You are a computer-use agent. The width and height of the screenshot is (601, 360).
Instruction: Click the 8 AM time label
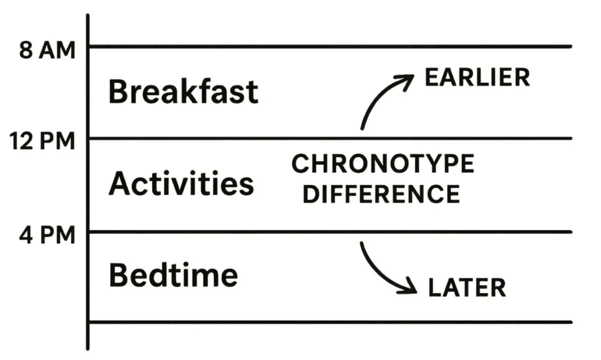pyautogui.click(x=47, y=50)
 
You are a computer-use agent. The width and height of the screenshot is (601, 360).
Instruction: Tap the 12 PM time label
pyautogui.click(x=42, y=141)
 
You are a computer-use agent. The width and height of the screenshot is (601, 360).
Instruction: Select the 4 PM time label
pyautogui.click(x=47, y=235)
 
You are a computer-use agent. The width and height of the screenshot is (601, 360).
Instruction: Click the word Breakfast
pyautogui.click(x=183, y=91)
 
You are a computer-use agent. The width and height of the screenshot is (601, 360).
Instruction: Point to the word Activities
pyautogui.click(x=181, y=183)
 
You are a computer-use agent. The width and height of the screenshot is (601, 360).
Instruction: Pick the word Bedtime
pyautogui.click(x=173, y=275)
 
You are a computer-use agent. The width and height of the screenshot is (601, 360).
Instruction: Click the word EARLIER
pyautogui.click(x=477, y=77)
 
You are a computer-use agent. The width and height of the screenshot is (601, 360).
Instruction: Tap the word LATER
pyautogui.click(x=467, y=287)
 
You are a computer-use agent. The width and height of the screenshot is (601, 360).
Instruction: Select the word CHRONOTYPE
pyautogui.click(x=383, y=163)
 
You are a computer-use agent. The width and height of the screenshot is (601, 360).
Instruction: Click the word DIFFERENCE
pyautogui.click(x=381, y=194)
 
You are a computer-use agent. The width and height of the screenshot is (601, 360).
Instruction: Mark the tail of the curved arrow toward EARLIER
pyautogui.click(x=362, y=129)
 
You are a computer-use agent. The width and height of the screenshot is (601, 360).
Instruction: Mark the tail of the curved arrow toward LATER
pyautogui.click(x=362, y=243)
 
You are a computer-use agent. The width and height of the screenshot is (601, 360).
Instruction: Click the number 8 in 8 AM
pyautogui.click(x=26, y=50)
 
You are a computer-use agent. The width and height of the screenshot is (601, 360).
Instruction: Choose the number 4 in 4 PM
pyautogui.click(x=26, y=235)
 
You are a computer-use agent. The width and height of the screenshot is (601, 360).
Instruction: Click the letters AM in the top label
pyautogui.click(x=57, y=50)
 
